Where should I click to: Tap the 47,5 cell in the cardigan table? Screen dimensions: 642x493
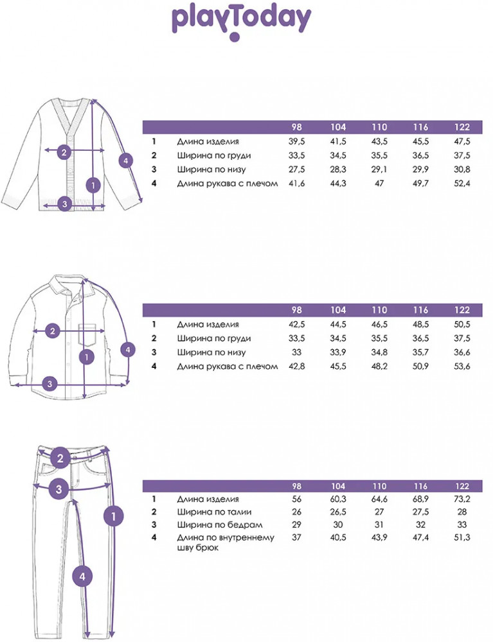pos(462,142)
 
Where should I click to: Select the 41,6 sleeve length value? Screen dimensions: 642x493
pos(297,184)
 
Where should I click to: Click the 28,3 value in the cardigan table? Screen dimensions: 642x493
pos(338,169)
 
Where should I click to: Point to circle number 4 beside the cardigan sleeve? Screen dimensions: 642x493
pos(127,161)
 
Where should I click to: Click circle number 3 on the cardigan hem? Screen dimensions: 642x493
pos(64,205)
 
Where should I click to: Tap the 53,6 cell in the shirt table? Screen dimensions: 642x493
pos(462,367)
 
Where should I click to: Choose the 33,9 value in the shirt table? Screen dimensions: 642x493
pos(338,352)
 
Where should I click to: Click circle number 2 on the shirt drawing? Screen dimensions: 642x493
pos(53,331)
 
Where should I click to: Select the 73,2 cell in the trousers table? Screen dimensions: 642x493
pos(462,499)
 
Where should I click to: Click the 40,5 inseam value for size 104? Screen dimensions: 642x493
pos(338,537)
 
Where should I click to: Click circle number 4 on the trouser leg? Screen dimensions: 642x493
pos(82,577)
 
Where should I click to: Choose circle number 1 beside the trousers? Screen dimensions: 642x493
pos(114,515)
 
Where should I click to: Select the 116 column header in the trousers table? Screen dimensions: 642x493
pos(421,487)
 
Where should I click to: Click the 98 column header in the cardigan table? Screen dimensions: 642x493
pos(297,127)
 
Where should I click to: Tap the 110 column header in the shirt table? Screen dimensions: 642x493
pos(379,310)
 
